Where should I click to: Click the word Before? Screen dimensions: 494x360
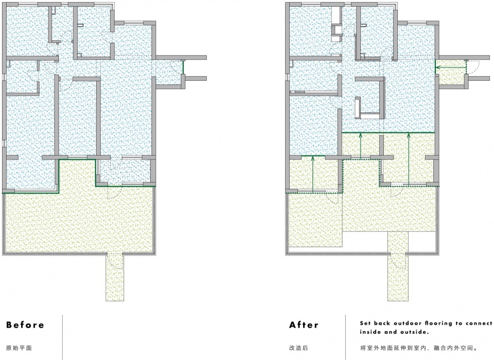(25, 324)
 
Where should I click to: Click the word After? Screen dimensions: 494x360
(304, 324)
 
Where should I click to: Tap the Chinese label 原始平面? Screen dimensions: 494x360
(19, 348)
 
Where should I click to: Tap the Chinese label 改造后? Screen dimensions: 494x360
(298, 348)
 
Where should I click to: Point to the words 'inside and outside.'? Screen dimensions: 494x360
(395, 332)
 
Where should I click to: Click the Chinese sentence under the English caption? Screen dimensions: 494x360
(419, 348)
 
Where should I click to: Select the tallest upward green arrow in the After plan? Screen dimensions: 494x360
(409, 158)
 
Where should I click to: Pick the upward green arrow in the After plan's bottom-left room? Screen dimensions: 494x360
(312, 174)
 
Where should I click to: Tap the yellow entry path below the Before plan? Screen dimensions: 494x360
(115, 277)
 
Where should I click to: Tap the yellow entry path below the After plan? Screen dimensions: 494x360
(398, 267)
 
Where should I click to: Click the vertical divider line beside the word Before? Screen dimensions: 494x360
(62, 337)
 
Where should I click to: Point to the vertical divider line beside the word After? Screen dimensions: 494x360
(345, 337)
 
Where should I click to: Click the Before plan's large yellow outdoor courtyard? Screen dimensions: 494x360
(79, 220)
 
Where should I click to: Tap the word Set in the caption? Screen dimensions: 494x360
(365, 323)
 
